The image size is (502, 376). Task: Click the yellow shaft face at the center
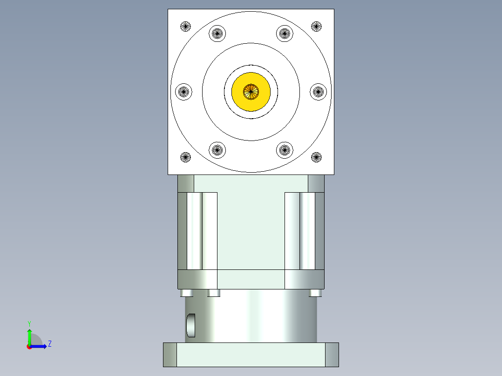261,100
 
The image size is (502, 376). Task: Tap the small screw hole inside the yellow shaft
251,92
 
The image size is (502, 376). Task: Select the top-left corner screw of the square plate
186,27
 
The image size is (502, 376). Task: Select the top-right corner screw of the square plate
316,27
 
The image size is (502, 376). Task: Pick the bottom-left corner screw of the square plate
186,157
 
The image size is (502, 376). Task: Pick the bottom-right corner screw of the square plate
316,157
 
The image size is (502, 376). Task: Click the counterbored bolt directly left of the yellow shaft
183,91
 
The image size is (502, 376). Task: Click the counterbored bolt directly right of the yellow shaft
319,91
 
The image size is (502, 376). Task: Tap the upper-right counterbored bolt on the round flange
285,33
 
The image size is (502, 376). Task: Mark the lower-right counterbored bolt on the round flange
285,149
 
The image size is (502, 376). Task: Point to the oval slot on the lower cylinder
191,325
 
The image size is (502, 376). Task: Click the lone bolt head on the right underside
315,293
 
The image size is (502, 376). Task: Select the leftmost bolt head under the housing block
186,293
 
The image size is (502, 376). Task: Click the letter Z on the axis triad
49,344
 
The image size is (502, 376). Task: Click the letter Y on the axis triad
29,323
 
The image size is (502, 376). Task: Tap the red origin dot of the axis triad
29,346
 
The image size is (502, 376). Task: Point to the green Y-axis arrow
29,335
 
